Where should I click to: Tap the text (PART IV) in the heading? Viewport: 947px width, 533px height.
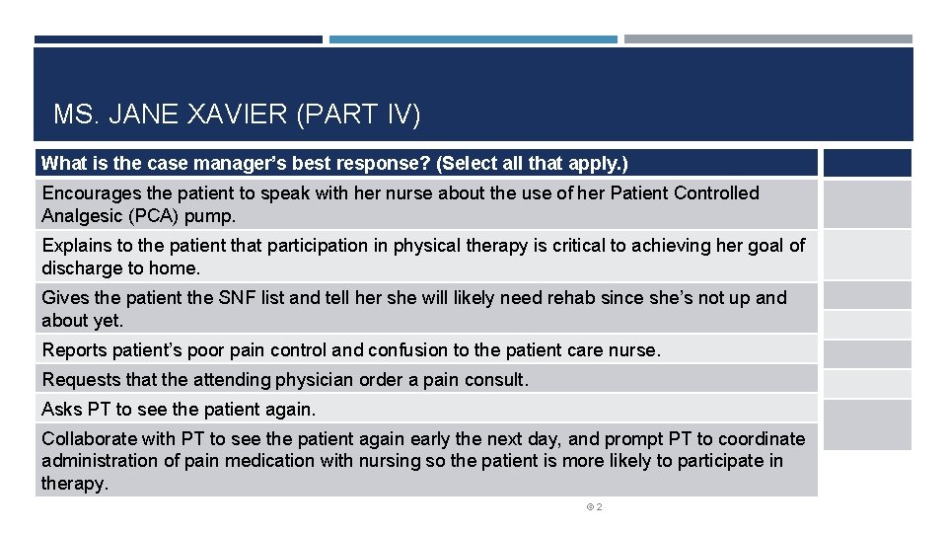358,115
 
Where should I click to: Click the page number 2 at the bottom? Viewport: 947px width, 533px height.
599,507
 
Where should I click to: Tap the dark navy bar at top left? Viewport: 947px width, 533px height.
178,39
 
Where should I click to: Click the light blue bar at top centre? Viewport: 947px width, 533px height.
473,39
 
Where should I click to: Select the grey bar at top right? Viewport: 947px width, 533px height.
767,39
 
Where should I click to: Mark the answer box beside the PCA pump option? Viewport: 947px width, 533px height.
867,204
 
